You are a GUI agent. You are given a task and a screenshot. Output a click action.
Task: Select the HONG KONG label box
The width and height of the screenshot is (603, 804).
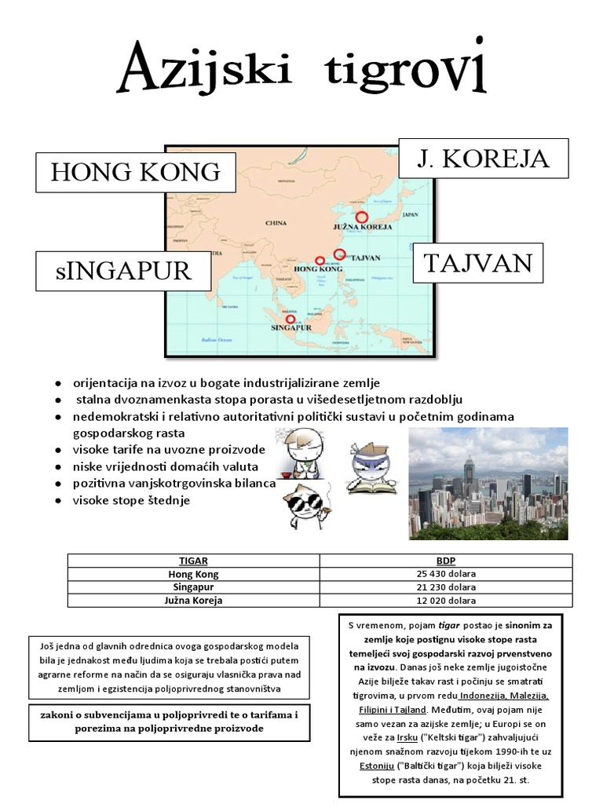click(136, 173)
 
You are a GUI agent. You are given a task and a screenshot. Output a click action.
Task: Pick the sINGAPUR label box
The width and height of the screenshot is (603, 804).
click(123, 271)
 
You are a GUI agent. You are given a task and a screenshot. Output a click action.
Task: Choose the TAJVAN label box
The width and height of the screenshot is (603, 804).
click(478, 263)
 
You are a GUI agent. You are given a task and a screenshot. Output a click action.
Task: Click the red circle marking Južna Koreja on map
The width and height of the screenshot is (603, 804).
click(361, 217)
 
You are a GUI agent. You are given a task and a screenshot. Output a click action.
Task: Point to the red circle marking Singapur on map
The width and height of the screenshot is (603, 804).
click(291, 319)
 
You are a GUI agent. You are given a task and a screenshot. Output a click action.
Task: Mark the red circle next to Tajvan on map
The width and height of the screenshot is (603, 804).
click(339, 254)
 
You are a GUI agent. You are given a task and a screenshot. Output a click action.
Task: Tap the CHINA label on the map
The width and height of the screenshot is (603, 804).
click(276, 223)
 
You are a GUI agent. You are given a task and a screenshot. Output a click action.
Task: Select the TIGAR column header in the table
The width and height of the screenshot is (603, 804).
click(193, 561)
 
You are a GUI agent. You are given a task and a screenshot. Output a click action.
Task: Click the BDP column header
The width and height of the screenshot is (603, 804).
click(445, 561)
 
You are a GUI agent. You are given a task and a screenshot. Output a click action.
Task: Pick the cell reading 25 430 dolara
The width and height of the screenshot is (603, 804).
click(445, 574)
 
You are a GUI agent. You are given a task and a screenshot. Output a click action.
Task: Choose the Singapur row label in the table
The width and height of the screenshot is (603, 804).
click(193, 587)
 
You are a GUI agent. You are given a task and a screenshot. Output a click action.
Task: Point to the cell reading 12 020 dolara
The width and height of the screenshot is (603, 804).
click(445, 601)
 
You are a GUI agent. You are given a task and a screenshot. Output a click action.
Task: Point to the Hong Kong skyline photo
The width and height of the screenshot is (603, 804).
click(488, 483)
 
